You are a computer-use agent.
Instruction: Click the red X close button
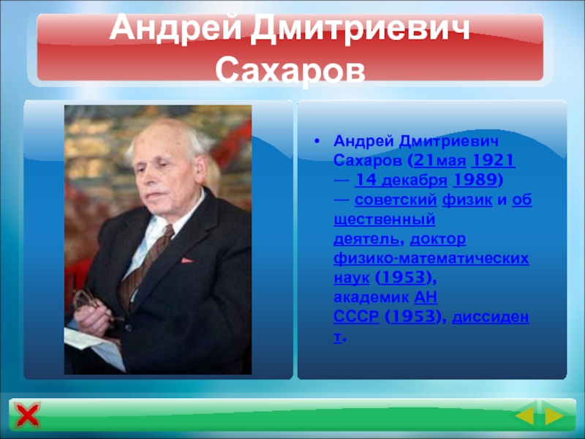[27, 415]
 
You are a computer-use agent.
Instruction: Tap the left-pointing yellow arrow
[525, 416]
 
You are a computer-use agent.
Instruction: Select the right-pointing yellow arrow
[554, 416]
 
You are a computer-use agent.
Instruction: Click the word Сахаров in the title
[290, 70]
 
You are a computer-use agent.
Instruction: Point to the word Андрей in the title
[175, 29]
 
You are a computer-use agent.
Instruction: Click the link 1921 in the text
[493, 160]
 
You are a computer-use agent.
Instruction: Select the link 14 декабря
[401, 180]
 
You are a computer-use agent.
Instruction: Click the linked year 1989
[475, 180]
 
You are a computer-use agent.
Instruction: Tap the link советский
[396, 200]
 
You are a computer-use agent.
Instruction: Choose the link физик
[467, 200]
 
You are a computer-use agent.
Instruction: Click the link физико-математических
[431, 258]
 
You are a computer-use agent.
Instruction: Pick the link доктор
[437, 239]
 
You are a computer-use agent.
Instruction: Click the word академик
[371, 298]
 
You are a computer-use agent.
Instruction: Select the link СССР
[356, 317]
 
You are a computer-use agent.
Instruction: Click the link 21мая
[440, 160]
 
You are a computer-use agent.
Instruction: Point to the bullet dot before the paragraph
[317, 141]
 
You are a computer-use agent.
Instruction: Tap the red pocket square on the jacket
[186, 260]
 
